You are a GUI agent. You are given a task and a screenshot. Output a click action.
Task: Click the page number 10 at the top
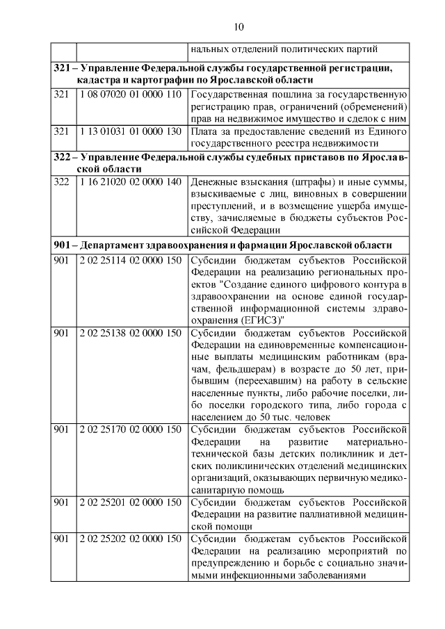pos(238,27)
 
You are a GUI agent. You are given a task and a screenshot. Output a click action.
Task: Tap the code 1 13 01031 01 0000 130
pos(130,131)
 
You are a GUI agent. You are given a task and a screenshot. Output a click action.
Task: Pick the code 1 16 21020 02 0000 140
pos(130,181)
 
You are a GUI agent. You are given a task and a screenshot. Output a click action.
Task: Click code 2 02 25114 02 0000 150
pos(130,261)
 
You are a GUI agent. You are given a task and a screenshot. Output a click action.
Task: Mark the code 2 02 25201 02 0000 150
pos(130,503)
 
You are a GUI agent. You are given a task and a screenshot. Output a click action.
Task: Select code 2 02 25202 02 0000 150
pos(130,539)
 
